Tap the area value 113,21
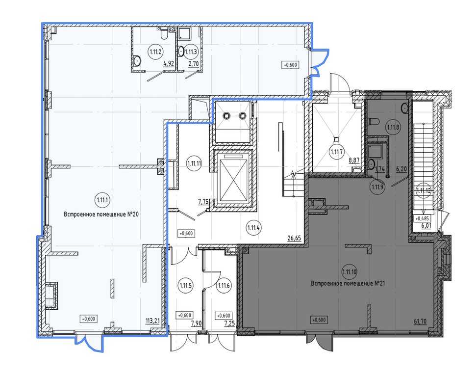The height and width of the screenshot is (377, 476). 152,321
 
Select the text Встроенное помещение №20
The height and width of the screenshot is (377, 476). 101,215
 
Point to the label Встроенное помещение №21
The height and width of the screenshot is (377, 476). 348,283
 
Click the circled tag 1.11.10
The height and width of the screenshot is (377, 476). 349,272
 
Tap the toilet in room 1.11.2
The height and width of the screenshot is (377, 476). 163,34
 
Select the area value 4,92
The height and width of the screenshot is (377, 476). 169,63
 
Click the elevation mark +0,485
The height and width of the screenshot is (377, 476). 422,218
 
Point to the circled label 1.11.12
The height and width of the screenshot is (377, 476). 424,190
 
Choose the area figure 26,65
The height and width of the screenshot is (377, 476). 294,238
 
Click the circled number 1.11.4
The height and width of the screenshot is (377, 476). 254,227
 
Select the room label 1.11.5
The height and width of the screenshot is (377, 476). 185,285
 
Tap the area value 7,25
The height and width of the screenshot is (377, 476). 230,323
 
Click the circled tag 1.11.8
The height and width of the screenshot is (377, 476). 393,127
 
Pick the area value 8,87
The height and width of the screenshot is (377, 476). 354,161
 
